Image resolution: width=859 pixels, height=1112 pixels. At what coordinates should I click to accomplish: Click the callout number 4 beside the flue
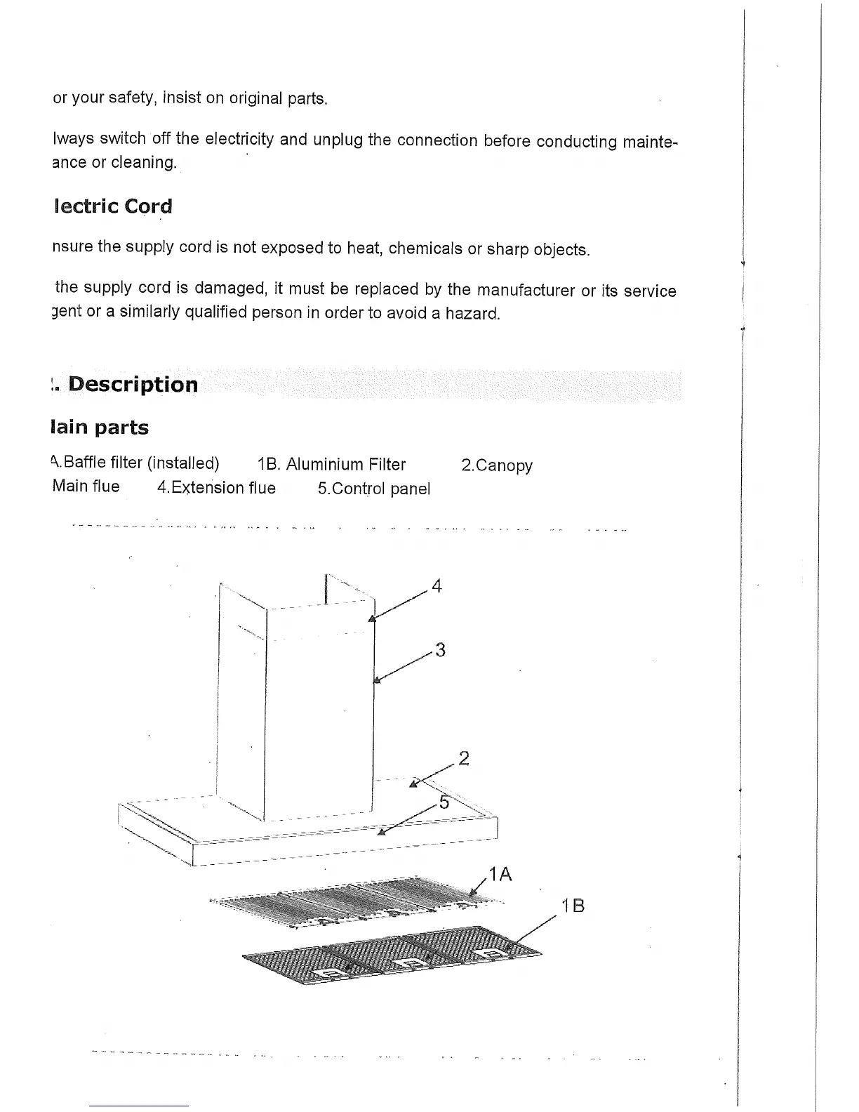click(x=437, y=585)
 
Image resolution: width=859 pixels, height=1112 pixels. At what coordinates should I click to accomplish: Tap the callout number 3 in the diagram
click(x=440, y=650)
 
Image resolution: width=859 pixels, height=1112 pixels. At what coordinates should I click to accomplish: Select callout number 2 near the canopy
click(x=463, y=758)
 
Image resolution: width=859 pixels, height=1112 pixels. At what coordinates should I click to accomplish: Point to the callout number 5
click(x=444, y=802)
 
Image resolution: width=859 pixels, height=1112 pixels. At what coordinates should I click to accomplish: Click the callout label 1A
click(x=500, y=874)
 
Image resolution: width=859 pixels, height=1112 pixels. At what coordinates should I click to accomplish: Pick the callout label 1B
click(x=573, y=906)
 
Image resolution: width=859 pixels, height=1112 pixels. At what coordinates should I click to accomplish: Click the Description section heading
click(x=133, y=385)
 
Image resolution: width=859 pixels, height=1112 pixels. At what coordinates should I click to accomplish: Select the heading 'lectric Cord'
click(x=112, y=206)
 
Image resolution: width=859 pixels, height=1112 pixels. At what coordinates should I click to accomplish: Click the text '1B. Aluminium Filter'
click(x=331, y=465)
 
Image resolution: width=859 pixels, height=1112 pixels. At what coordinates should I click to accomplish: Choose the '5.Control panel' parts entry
click(x=373, y=489)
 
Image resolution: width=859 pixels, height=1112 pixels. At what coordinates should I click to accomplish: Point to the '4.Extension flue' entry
click(x=216, y=488)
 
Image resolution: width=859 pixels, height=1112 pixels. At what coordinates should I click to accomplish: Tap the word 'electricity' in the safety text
click(x=239, y=139)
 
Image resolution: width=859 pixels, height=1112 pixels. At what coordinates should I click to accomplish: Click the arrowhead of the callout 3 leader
click(x=376, y=679)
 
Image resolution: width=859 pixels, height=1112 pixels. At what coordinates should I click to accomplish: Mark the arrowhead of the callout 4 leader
click(x=372, y=618)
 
